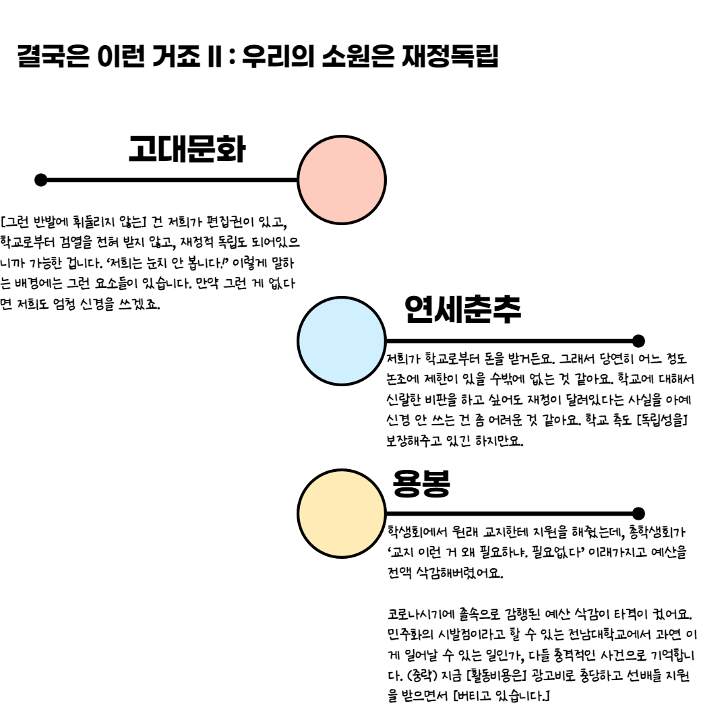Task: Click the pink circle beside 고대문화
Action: pos(342,180)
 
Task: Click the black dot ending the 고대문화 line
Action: pos(41,180)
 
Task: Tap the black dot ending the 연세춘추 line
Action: pos(639,340)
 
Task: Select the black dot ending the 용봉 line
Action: pos(639,514)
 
